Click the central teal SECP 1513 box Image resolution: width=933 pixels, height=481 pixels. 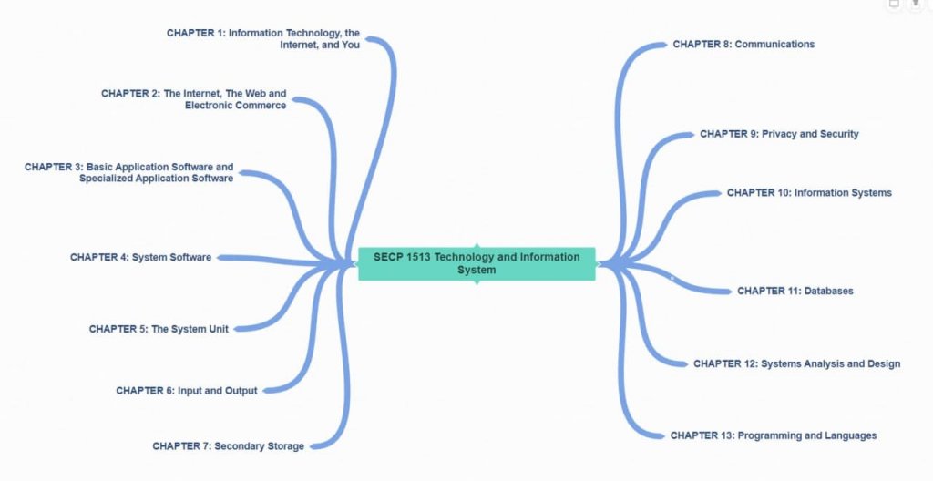477,263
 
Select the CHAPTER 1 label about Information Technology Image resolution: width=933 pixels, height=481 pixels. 263,38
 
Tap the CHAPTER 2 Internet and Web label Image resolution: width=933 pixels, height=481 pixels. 194,99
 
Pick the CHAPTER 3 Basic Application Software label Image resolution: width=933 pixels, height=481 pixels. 129,172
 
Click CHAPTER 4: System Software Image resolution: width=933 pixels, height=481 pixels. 140,258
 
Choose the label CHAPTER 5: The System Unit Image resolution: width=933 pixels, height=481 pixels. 159,329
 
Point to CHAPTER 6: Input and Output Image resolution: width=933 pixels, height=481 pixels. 187,391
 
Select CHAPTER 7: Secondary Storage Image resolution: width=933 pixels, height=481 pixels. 228,446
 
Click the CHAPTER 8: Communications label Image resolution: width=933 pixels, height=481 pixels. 743,44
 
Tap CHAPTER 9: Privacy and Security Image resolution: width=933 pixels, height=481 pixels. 779,134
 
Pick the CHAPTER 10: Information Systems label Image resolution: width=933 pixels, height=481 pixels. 809,193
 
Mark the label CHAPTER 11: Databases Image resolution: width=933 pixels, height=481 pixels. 795,292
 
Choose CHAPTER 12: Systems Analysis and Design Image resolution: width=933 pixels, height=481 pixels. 796,363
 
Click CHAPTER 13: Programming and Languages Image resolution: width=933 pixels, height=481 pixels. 774,435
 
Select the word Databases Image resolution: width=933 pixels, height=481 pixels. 828,292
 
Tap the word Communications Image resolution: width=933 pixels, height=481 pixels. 774,44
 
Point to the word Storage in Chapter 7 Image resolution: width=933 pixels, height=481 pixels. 284,446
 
